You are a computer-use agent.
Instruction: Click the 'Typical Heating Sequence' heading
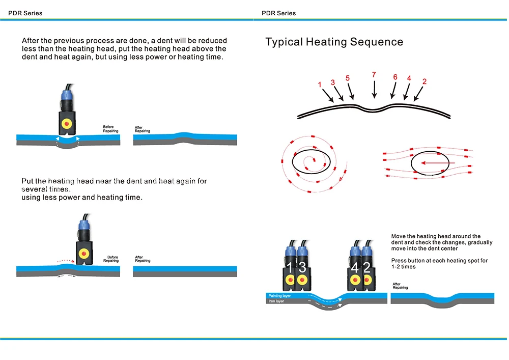click(x=334, y=42)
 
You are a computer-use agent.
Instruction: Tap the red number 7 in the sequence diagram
click(x=374, y=75)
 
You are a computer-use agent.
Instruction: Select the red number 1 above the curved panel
click(x=320, y=85)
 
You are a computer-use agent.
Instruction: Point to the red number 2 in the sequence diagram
click(x=425, y=81)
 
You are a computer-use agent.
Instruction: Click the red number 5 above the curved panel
click(x=348, y=78)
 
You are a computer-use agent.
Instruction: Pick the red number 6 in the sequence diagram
click(x=395, y=77)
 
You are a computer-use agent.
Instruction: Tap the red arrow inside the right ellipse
click(x=430, y=163)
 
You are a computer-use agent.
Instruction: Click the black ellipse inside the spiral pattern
click(x=312, y=161)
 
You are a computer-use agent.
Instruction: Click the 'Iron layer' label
click(x=276, y=301)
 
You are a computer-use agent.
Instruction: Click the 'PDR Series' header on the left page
click(x=25, y=13)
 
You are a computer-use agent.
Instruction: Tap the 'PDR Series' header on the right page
click(x=278, y=13)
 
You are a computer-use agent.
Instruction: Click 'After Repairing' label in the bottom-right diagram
click(x=400, y=286)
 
